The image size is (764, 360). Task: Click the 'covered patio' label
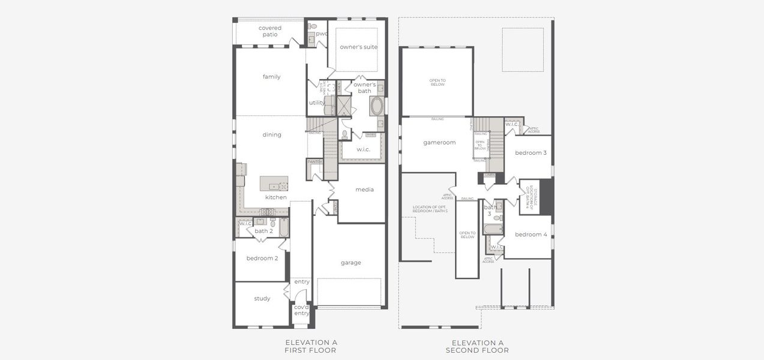point(270,31)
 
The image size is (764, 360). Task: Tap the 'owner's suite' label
point(358,47)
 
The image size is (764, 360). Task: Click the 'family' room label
point(271,77)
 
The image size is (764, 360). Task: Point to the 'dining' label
point(272,134)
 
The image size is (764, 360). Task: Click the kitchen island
point(274,184)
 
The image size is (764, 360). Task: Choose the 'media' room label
point(364,190)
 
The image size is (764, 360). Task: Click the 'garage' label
point(351,262)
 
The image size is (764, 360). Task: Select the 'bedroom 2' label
point(262,258)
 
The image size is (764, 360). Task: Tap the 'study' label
point(262,298)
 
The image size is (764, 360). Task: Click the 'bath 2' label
point(263,231)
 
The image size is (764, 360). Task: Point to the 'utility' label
point(317,103)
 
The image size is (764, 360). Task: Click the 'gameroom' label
point(440,142)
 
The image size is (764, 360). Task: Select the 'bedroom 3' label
point(531,152)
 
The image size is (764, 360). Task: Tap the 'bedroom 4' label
point(531,234)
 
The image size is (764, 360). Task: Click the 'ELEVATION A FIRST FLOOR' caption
point(311,346)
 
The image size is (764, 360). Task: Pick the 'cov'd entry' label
point(301,310)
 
